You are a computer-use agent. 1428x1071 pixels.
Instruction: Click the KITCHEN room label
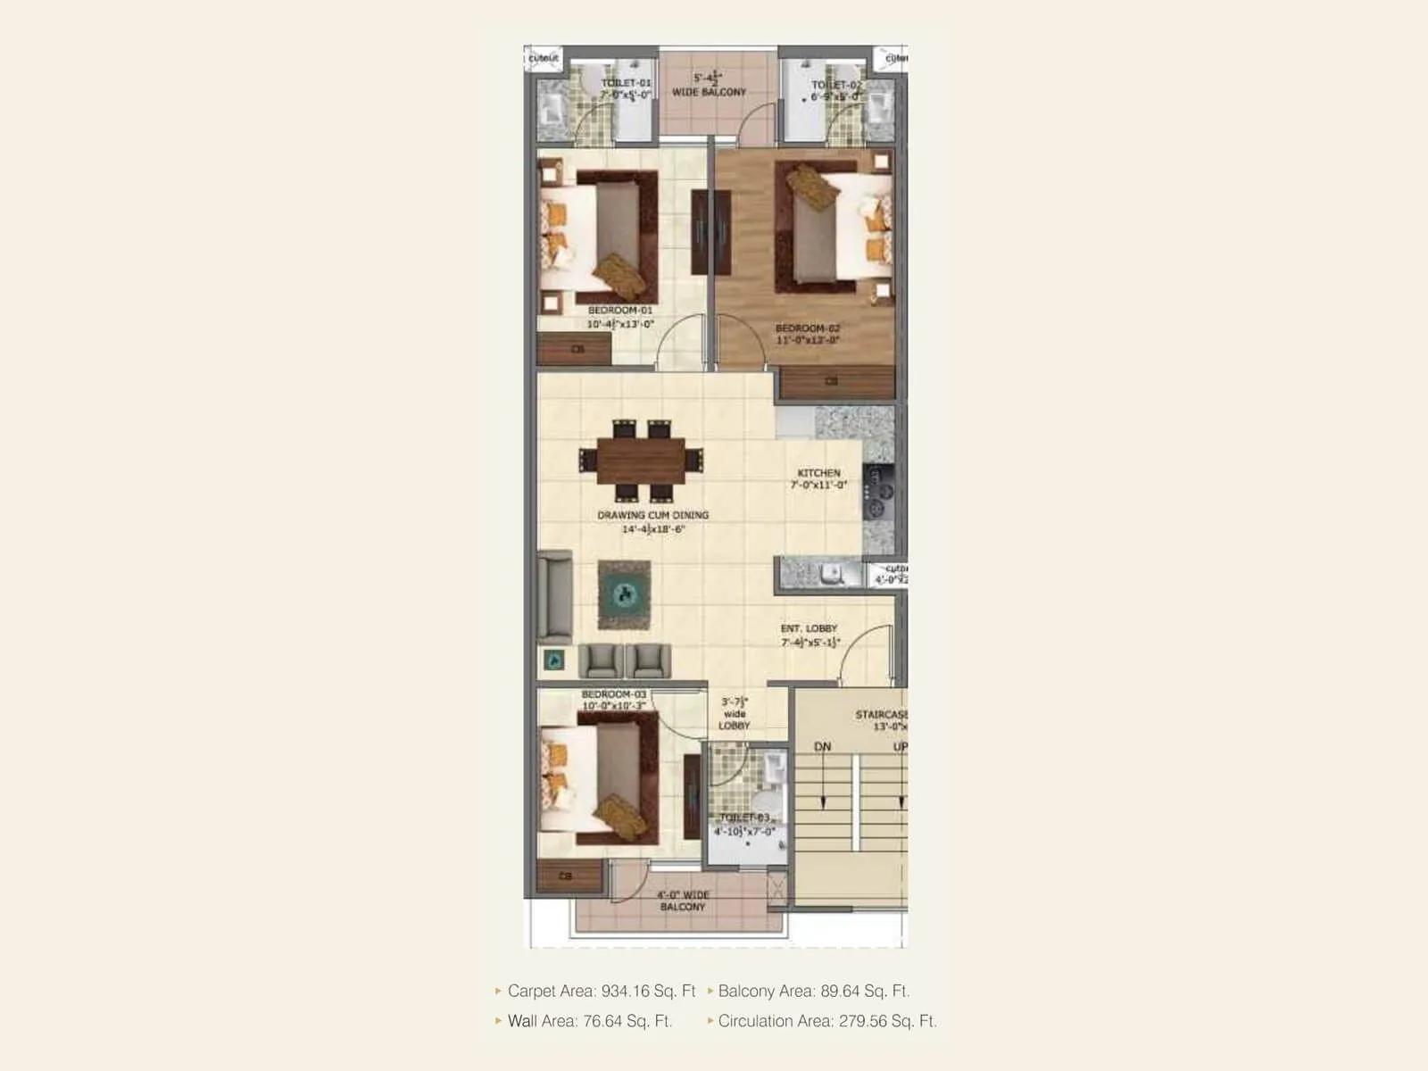click(818, 473)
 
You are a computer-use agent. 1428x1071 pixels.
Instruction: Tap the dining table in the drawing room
click(641, 461)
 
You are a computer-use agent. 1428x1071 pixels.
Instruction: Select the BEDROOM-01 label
click(620, 311)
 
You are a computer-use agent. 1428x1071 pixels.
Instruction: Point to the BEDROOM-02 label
click(807, 328)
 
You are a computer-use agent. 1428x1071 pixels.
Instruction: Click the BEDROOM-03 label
click(614, 694)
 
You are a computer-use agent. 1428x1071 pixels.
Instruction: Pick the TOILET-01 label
click(626, 83)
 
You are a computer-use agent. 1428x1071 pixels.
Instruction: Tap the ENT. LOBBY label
click(809, 628)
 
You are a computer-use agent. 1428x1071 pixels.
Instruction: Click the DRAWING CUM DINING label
click(653, 515)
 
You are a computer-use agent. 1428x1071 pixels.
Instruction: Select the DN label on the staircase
click(822, 746)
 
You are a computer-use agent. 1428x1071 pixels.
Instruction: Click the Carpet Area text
click(601, 991)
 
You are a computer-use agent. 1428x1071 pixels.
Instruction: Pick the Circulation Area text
click(826, 1021)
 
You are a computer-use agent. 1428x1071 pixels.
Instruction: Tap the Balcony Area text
click(813, 991)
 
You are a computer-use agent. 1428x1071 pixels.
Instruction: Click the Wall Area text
click(589, 1021)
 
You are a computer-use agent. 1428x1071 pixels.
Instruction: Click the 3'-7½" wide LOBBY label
click(735, 713)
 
